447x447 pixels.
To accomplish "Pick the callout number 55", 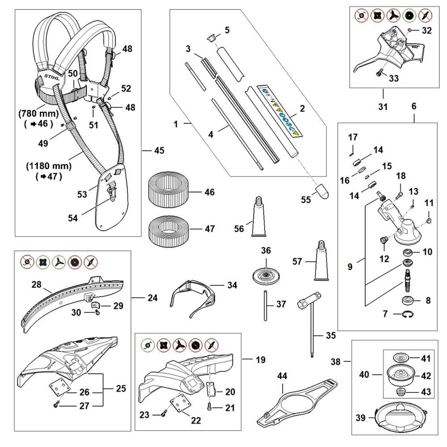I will tap(305, 200).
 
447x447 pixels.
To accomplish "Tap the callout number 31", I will tap(383, 107).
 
